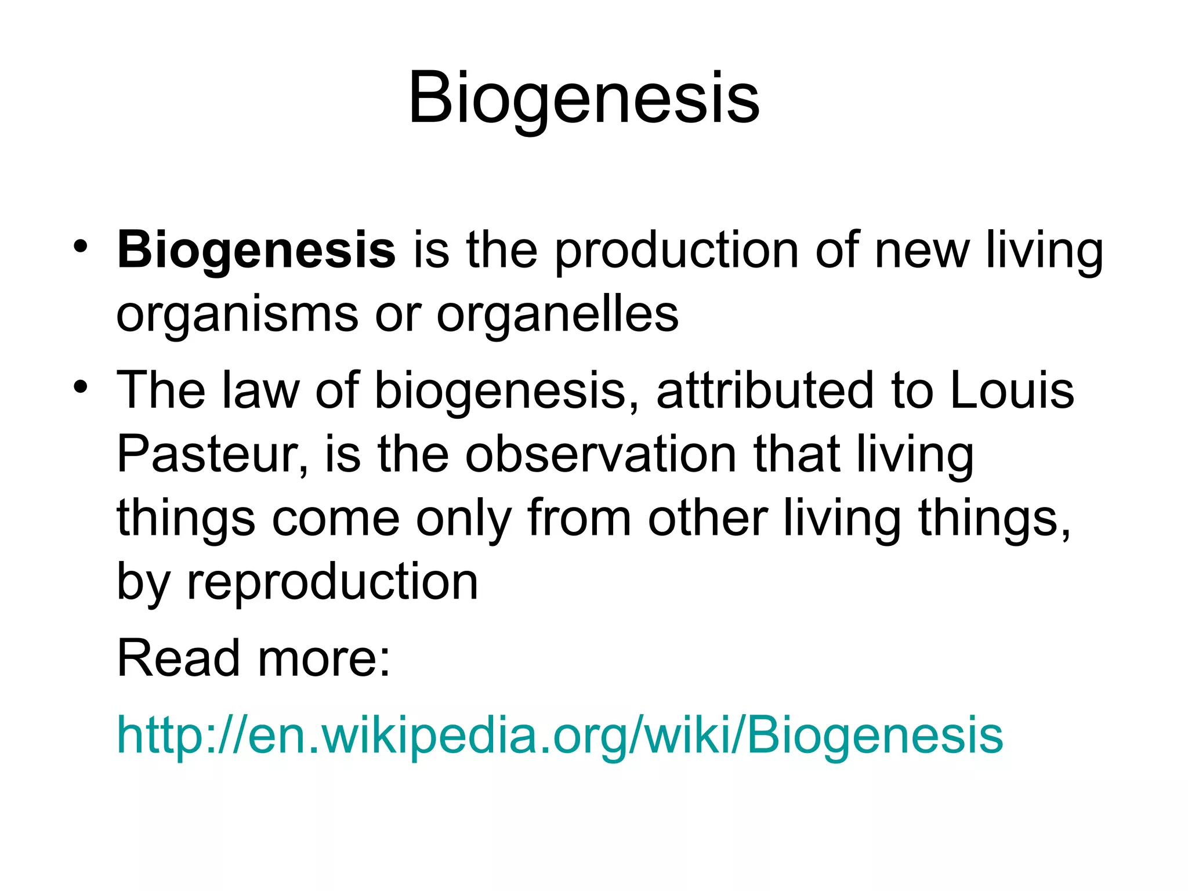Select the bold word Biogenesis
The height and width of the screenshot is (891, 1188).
(x=256, y=251)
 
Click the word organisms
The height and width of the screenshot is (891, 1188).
(x=237, y=314)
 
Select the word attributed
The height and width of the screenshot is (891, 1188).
(x=765, y=390)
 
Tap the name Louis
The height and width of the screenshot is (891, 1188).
(x=1012, y=390)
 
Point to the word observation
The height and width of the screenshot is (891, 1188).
(x=600, y=454)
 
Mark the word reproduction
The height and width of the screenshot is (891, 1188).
(x=332, y=582)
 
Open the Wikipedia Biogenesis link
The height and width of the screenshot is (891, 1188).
(x=560, y=736)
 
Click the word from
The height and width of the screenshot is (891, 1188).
(x=579, y=518)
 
